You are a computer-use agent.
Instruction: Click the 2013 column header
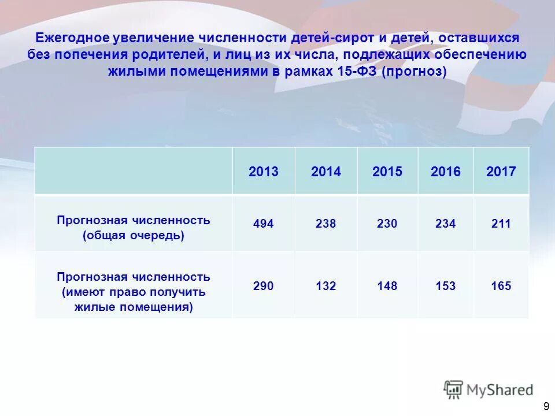click(x=264, y=172)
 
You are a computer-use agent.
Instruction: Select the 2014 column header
click(x=326, y=172)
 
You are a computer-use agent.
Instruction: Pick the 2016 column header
click(x=446, y=172)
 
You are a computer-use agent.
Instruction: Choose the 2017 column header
click(x=501, y=172)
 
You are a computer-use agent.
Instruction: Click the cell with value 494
click(x=264, y=224)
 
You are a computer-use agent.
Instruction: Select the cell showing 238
click(x=326, y=224)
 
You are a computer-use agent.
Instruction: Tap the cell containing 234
click(x=446, y=224)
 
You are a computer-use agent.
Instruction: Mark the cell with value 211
click(x=501, y=224)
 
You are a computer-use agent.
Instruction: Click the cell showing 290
click(x=264, y=286)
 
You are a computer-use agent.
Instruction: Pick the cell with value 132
click(x=326, y=286)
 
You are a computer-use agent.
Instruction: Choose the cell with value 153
click(x=446, y=286)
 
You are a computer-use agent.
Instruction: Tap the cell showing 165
click(x=501, y=286)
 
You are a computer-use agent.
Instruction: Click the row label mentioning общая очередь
click(x=134, y=228)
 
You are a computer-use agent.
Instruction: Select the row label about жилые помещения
click(x=134, y=292)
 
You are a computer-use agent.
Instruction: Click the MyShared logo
click(x=489, y=389)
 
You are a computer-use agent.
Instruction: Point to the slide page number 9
click(x=546, y=406)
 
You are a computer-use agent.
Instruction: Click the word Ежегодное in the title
click(x=72, y=38)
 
